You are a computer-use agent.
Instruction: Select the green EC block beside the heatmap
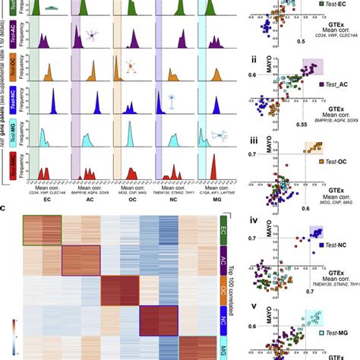(x=222, y=229)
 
